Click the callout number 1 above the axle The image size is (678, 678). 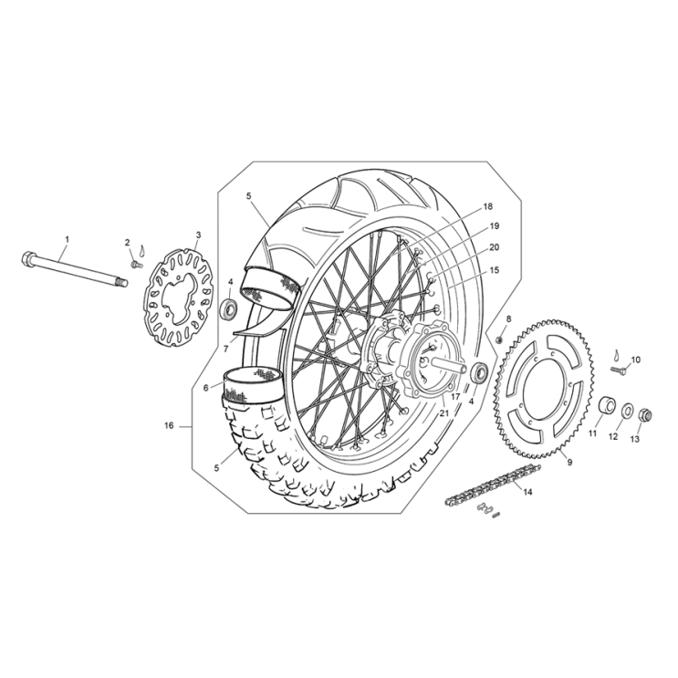(x=65, y=240)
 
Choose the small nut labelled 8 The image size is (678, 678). (x=501, y=339)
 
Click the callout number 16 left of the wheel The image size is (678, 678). (x=169, y=425)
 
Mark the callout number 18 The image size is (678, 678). (x=488, y=207)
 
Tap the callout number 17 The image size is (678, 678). (x=454, y=398)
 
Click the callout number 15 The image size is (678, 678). (x=494, y=271)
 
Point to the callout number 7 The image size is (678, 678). (x=225, y=349)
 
